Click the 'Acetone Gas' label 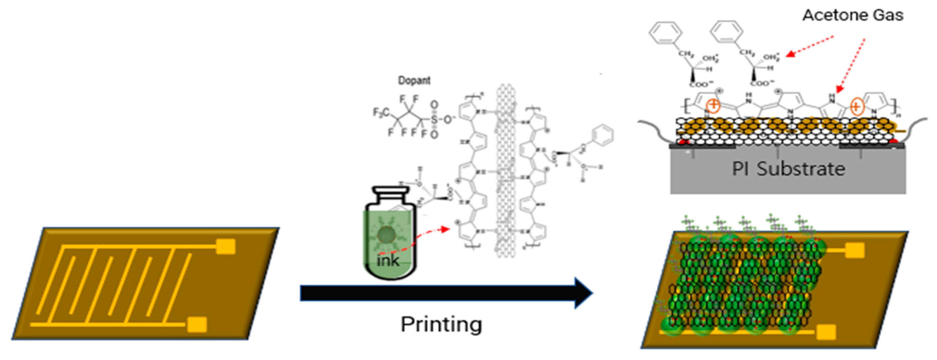point(853,15)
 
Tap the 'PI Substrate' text point(788,169)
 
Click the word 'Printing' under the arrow point(441,324)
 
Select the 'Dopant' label point(414,80)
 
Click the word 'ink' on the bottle point(388,260)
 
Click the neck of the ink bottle point(390,199)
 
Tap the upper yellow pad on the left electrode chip point(226,246)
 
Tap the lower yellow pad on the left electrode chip point(197,324)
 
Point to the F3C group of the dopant point(381,113)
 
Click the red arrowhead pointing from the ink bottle point(444,229)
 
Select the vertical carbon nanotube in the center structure point(506,171)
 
